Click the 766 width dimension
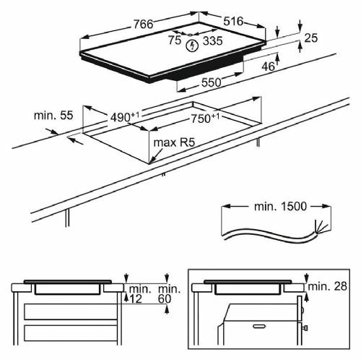click(137, 25)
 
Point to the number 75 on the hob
click(175, 40)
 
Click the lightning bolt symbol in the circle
click(193, 46)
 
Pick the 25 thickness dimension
click(311, 38)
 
